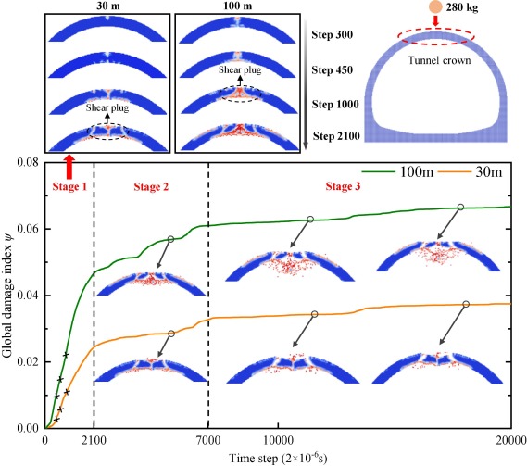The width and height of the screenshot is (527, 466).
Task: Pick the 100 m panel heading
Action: (233, 6)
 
